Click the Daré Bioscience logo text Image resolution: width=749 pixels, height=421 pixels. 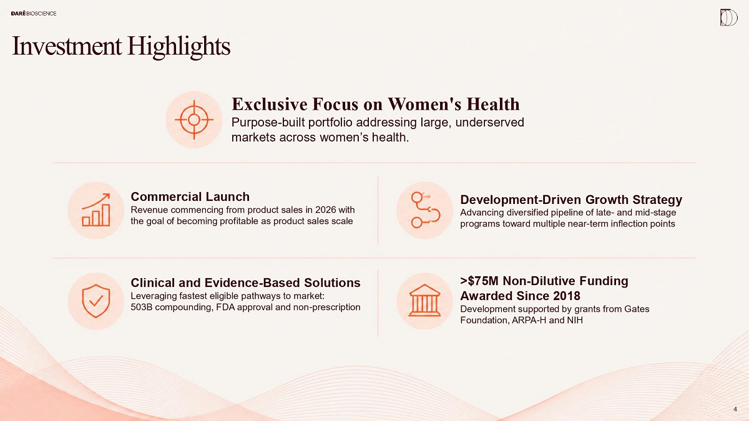click(x=34, y=13)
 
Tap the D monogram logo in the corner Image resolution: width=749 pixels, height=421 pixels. click(x=728, y=17)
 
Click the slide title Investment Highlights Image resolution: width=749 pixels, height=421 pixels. click(x=121, y=46)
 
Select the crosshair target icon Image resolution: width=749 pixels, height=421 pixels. click(x=194, y=120)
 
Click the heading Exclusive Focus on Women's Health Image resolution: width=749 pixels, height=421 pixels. click(x=376, y=104)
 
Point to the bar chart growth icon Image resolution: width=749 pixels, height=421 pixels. click(x=96, y=210)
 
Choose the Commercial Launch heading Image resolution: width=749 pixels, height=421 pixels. click(x=190, y=196)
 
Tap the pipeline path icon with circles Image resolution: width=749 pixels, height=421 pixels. click(x=425, y=210)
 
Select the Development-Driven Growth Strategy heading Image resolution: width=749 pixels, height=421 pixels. click(x=571, y=200)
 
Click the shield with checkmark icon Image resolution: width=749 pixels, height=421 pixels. click(x=96, y=301)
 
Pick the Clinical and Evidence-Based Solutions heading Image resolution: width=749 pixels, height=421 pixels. click(x=245, y=283)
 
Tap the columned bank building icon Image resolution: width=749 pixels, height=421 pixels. click(x=424, y=301)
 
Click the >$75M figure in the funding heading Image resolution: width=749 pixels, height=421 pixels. click(x=479, y=281)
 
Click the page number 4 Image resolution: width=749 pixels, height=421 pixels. click(x=735, y=409)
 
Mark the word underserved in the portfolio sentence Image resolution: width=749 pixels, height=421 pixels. click(x=489, y=122)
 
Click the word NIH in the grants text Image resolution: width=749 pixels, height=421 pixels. click(x=575, y=320)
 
